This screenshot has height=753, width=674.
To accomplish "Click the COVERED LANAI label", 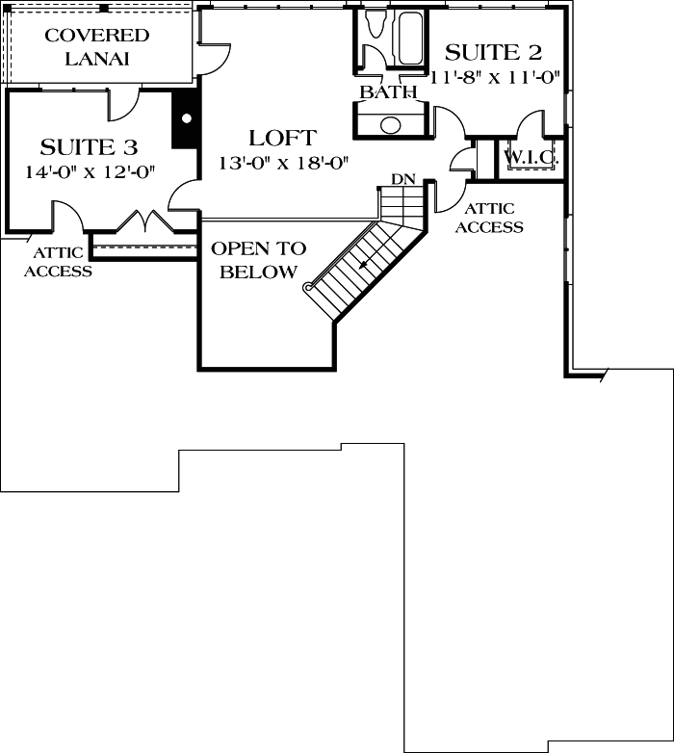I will (97, 47).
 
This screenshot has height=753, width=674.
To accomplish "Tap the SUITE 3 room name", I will (89, 147).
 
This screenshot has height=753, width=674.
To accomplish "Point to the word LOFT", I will (281, 138).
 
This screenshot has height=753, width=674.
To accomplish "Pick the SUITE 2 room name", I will (493, 52).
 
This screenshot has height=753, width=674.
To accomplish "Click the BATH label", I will (388, 92).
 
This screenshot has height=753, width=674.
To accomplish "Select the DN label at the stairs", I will (402, 180).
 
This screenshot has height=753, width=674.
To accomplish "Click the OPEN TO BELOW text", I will (258, 260).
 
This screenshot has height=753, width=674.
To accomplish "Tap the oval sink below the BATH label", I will (391, 125).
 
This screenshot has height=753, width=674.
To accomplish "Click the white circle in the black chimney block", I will (187, 118).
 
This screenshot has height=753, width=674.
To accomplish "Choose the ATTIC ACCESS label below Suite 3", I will (58, 262).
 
